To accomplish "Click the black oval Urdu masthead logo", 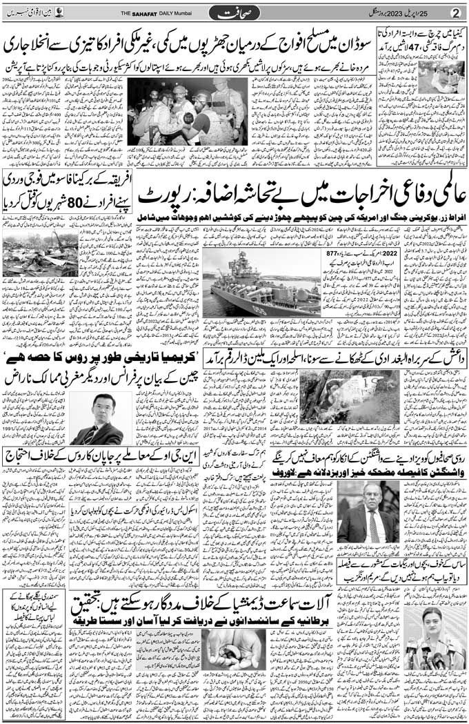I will (234, 12).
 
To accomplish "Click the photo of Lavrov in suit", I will (368, 511).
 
